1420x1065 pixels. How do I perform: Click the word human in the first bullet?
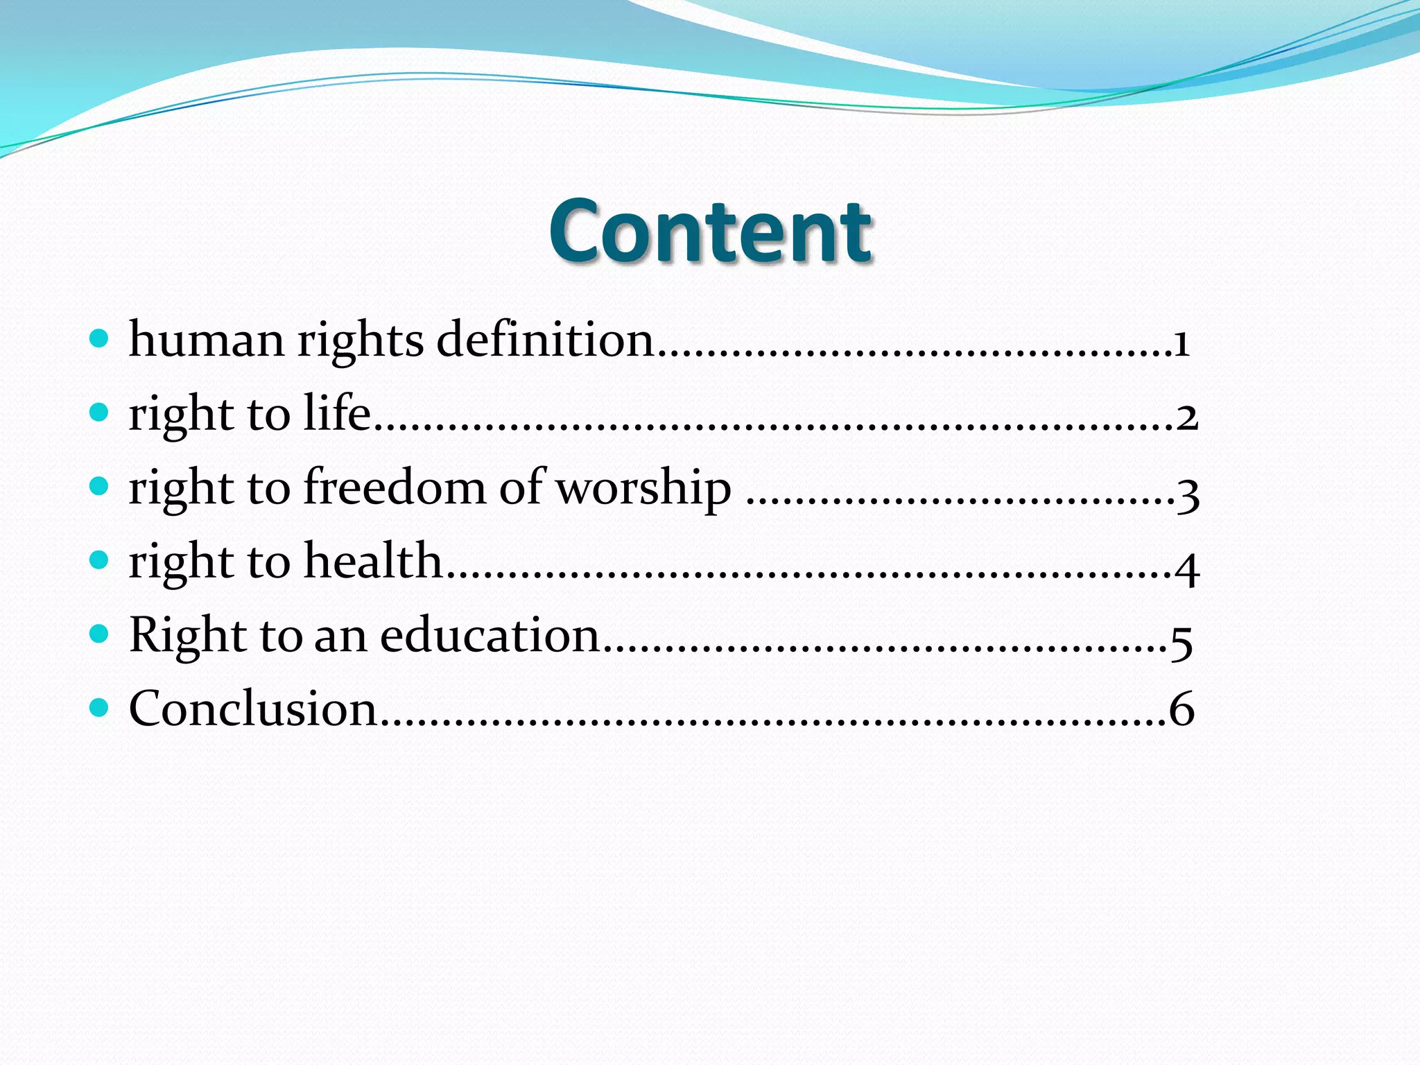coord(207,340)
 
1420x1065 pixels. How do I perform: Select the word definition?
coord(546,340)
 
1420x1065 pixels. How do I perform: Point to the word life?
coord(337,414)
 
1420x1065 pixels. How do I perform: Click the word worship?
coord(644,488)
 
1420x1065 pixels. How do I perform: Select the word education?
coord(490,635)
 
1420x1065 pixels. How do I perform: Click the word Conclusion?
coord(252,709)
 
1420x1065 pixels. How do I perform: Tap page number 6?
coord(1181,709)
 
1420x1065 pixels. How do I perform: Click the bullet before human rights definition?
coord(100,339)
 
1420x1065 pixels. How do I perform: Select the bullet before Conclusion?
coord(100,707)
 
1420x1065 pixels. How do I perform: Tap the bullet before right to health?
coord(100,560)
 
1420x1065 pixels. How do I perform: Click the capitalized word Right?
coord(188,635)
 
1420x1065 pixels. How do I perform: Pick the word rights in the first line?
coord(361,342)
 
